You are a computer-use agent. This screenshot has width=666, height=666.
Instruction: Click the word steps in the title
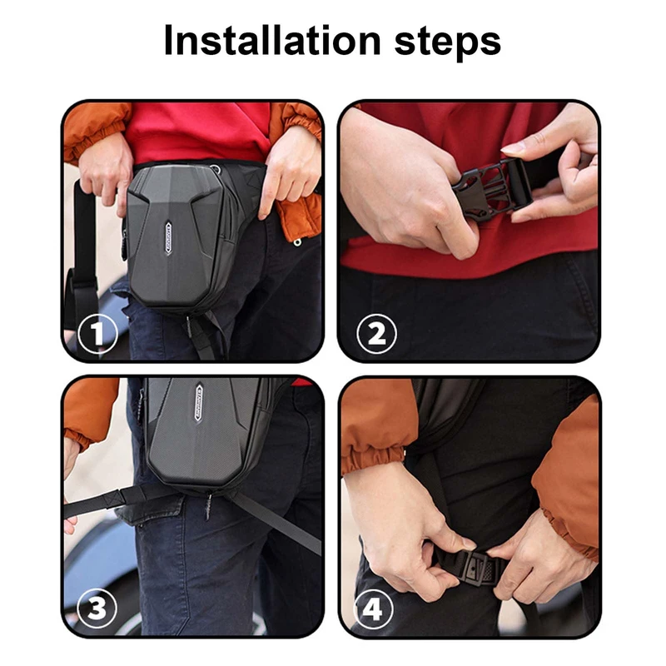[x=448, y=43]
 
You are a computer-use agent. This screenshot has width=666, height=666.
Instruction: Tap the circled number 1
[x=97, y=335]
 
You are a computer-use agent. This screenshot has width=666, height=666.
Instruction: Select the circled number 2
[x=376, y=334]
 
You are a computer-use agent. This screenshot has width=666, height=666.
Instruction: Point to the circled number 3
[x=97, y=609]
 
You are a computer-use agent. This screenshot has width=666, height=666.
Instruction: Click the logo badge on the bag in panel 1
[x=169, y=238]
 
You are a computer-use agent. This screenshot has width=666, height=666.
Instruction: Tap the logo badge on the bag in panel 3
[x=199, y=402]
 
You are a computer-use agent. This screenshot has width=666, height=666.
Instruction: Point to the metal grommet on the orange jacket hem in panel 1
[x=297, y=242]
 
